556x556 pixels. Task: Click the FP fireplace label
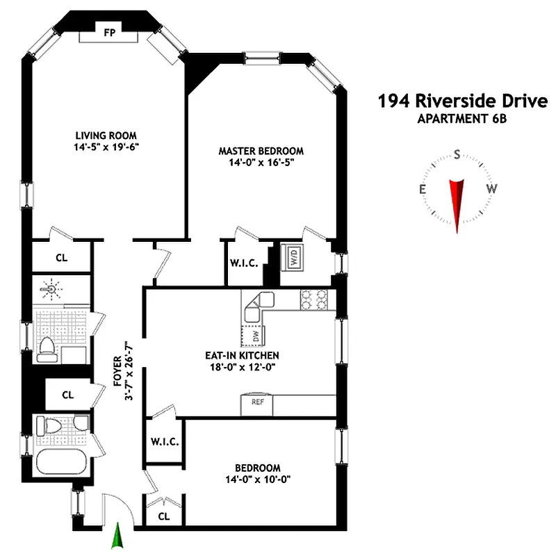[108, 32]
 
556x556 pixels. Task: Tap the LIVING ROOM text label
[106, 135]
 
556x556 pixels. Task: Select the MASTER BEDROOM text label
[261, 151]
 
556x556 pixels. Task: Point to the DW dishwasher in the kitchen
[248, 334]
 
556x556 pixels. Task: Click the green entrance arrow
[118, 537]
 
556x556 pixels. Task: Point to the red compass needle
[456, 199]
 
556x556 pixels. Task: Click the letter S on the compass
[457, 154]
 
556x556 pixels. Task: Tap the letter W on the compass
[491, 188]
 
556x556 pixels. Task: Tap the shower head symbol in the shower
[49, 287]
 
